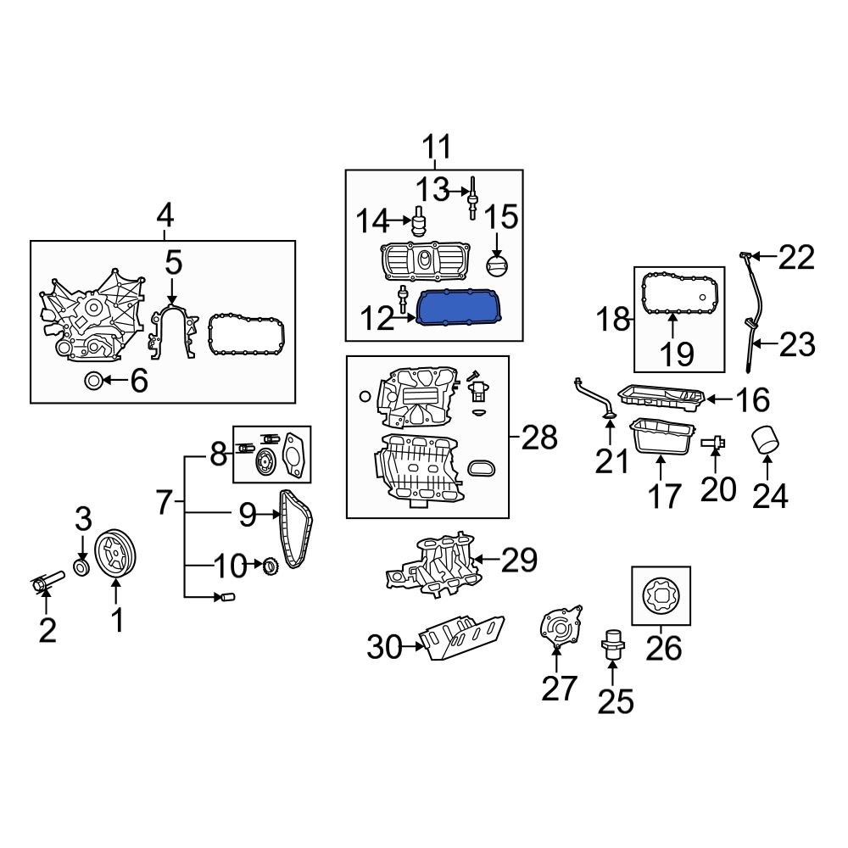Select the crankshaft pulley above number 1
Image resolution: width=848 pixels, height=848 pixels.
point(117,555)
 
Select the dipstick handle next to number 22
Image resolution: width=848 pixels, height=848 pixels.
point(744,254)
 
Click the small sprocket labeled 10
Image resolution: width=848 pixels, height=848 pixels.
point(271,565)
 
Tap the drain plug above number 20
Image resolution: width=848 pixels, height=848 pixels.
point(714,441)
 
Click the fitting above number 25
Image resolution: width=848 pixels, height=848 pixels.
point(613,645)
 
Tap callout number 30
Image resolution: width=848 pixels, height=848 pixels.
point(383,649)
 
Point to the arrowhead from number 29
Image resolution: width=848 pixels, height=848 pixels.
point(474,559)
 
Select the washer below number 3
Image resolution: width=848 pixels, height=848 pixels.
point(82,566)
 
